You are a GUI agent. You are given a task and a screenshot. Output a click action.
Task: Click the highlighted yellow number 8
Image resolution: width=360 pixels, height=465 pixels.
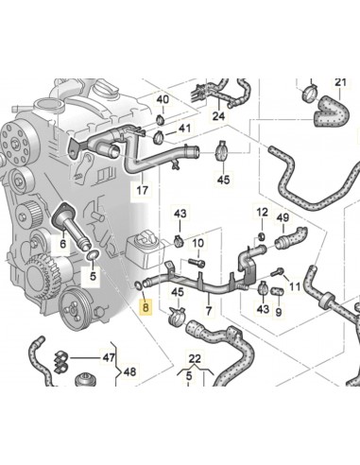point(145,305)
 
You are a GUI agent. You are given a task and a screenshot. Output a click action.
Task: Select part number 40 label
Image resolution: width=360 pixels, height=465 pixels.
point(163,99)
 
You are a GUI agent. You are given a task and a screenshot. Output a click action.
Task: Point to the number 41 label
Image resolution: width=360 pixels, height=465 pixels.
point(184,128)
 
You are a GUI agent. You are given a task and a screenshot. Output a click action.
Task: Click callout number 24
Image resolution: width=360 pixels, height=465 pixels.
point(217,117)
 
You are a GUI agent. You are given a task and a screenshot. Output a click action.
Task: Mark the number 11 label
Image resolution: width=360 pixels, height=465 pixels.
point(294,284)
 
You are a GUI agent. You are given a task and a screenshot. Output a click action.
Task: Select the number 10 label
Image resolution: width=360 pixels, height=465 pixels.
point(197,243)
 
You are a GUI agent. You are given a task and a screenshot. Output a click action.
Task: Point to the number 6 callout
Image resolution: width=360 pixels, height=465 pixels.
point(62,243)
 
